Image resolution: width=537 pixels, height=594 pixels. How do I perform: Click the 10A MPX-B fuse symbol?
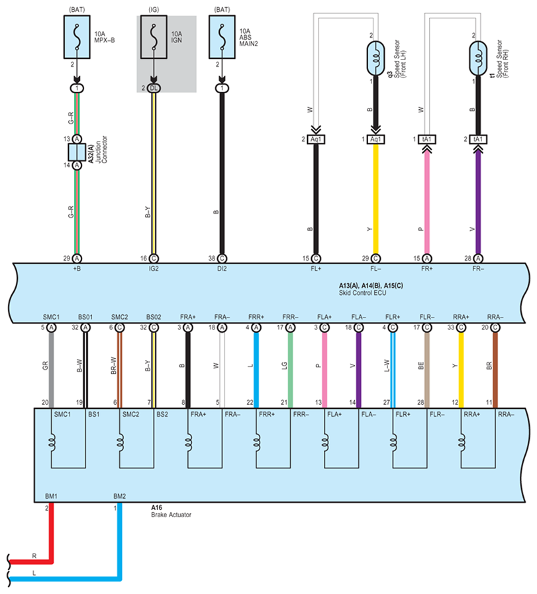coord(77,37)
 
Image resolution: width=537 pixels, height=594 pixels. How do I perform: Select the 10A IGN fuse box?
coord(154,37)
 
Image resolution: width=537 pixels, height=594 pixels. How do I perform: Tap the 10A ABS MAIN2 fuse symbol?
coord(222,37)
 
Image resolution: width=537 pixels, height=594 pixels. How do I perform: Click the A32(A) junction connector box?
coord(77,152)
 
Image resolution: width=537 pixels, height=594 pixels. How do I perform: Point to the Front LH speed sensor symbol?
coord(375,58)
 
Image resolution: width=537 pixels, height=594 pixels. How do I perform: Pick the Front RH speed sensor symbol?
coord(478,58)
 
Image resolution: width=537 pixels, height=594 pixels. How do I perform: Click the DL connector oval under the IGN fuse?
coord(153,88)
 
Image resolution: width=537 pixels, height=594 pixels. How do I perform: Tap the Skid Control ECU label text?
coord(363,293)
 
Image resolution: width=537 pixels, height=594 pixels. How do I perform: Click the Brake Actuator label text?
coord(171,515)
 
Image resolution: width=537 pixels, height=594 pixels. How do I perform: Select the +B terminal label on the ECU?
coord(77,269)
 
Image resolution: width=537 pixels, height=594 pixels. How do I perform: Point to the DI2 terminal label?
coord(222,269)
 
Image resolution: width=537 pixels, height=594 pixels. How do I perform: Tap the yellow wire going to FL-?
coord(375,199)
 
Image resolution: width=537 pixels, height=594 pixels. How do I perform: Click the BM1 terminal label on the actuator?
coord(51,496)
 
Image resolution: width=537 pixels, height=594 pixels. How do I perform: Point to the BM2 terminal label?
coord(119,496)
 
